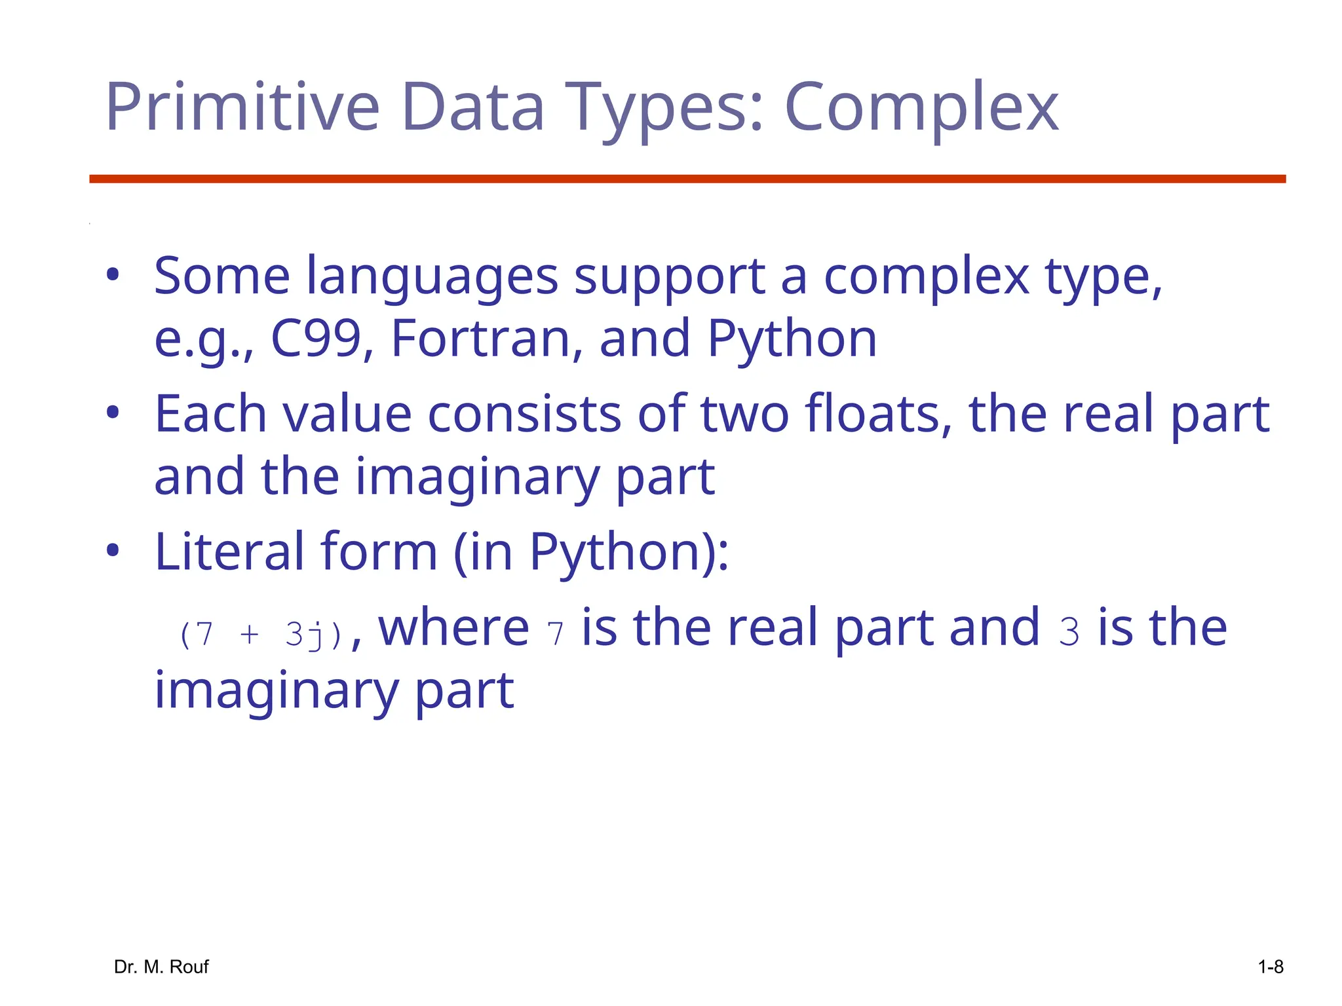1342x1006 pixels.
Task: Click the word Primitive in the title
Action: click(242, 107)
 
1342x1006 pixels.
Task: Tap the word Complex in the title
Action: click(921, 107)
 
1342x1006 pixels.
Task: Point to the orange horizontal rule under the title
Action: click(687, 179)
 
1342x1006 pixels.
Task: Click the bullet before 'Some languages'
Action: click(113, 275)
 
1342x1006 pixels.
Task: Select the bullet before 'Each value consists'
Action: click(113, 413)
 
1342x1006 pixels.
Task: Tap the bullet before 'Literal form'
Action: click(113, 551)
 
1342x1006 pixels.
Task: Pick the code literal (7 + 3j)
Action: click(261, 635)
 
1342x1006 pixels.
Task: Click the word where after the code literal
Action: click(453, 627)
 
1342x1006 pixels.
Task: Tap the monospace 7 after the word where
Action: click(555, 634)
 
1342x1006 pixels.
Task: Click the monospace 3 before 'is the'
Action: click(1069, 633)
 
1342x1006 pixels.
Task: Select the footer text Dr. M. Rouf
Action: click(161, 967)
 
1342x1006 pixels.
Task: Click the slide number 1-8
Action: click(1271, 967)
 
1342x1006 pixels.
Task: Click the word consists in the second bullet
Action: click(524, 413)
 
